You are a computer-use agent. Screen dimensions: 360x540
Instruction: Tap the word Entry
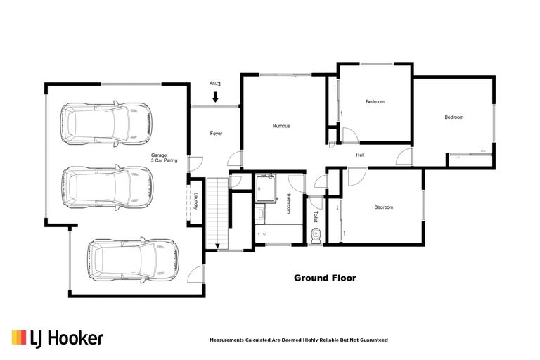click(216, 84)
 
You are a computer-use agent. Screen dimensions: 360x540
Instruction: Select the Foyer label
click(216, 133)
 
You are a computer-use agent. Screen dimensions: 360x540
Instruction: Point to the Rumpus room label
click(281, 126)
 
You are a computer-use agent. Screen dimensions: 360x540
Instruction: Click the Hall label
click(360, 155)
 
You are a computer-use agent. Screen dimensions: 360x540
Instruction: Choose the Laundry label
click(197, 202)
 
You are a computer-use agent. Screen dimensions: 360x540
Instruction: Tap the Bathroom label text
click(288, 205)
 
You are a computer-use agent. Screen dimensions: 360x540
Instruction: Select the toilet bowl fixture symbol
click(316, 235)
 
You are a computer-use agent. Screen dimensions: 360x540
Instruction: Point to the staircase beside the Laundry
click(219, 211)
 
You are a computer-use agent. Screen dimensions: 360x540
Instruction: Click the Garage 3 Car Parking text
click(163, 157)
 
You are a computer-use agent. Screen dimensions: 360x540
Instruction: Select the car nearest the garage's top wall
click(105, 124)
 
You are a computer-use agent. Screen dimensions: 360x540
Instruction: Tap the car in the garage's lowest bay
click(132, 260)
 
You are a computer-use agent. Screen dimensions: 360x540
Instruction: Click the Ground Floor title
click(324, 278)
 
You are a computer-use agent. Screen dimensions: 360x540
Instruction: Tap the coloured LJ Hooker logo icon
click(19, 338)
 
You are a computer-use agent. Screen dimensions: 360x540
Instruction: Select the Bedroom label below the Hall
click(383, 207)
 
